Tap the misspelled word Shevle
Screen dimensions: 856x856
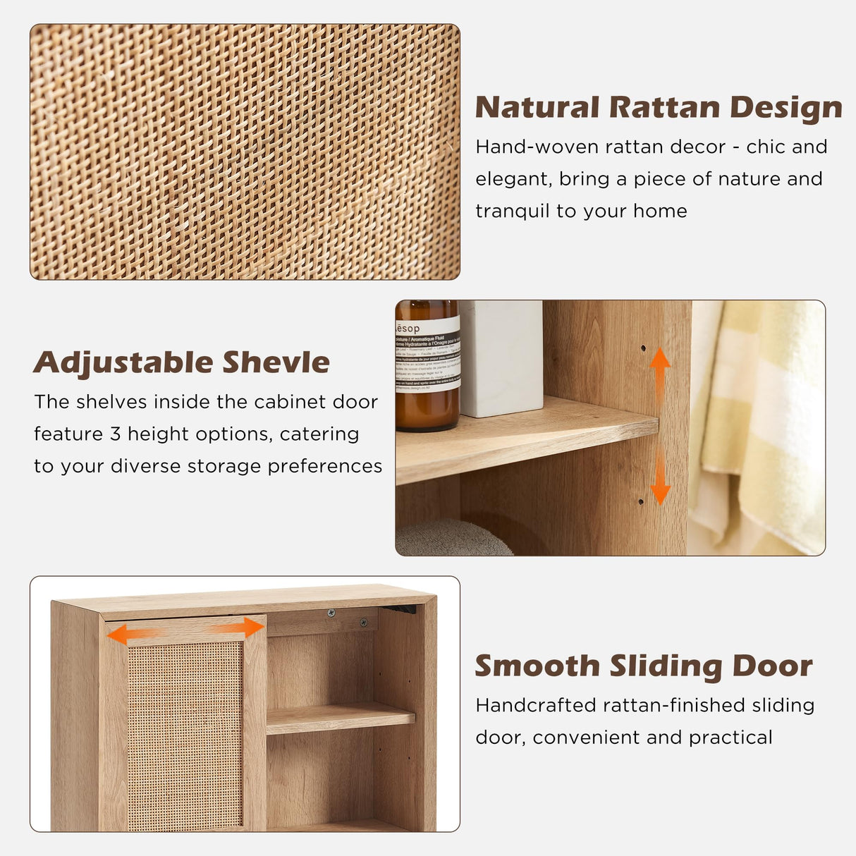pos(276,363)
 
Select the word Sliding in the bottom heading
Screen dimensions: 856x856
pos(666,667)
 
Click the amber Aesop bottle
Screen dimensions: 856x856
pos(427,367)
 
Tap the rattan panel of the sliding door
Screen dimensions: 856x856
pos(185,733)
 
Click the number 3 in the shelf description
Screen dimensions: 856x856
pos(116,434)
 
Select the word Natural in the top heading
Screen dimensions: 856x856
pos(537,108)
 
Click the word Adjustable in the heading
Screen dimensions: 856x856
pos(123,363)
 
